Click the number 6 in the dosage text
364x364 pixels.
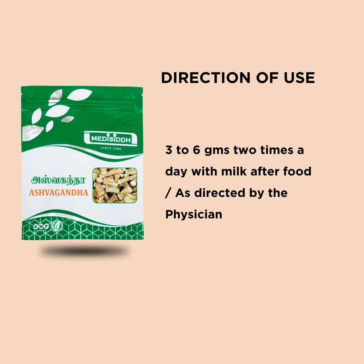click(197, 150)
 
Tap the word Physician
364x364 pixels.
click(194, 214)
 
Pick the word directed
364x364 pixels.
click(225, 193)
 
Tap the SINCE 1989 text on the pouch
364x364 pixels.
click(111, 149)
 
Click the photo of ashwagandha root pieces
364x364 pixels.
click(115, 185)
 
